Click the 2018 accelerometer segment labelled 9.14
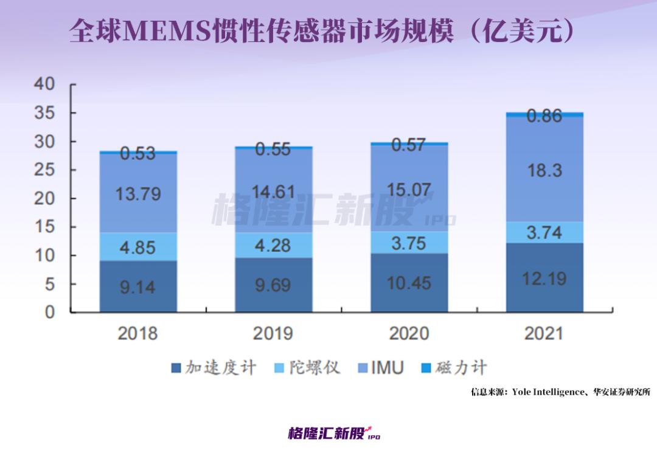tap(137, 286)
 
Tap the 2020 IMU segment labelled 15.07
tap(409, 189)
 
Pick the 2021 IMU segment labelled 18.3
tap(544, 170)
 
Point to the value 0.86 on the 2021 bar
tap(544, 116)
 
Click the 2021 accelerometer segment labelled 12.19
tap(544, 278)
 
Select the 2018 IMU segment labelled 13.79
tap(137, 195)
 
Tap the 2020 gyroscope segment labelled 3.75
tap(409, 242)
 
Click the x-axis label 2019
tap(273, 333)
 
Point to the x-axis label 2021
tap(544, 333)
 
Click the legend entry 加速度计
tap(214, 368)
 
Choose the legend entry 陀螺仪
tap(307, 368)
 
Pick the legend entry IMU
tap(380, 368)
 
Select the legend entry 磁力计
tap(454, 368)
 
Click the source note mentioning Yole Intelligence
tap(560, 392)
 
